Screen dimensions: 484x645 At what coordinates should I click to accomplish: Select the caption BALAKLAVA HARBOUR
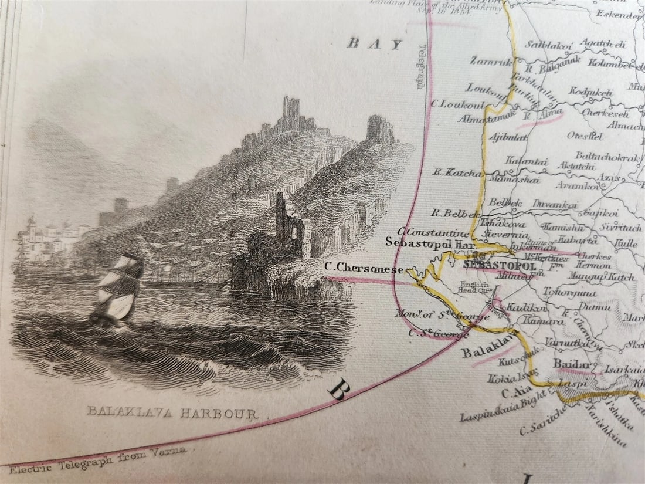coord(172,413)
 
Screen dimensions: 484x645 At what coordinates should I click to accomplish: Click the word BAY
coord(374,43)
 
